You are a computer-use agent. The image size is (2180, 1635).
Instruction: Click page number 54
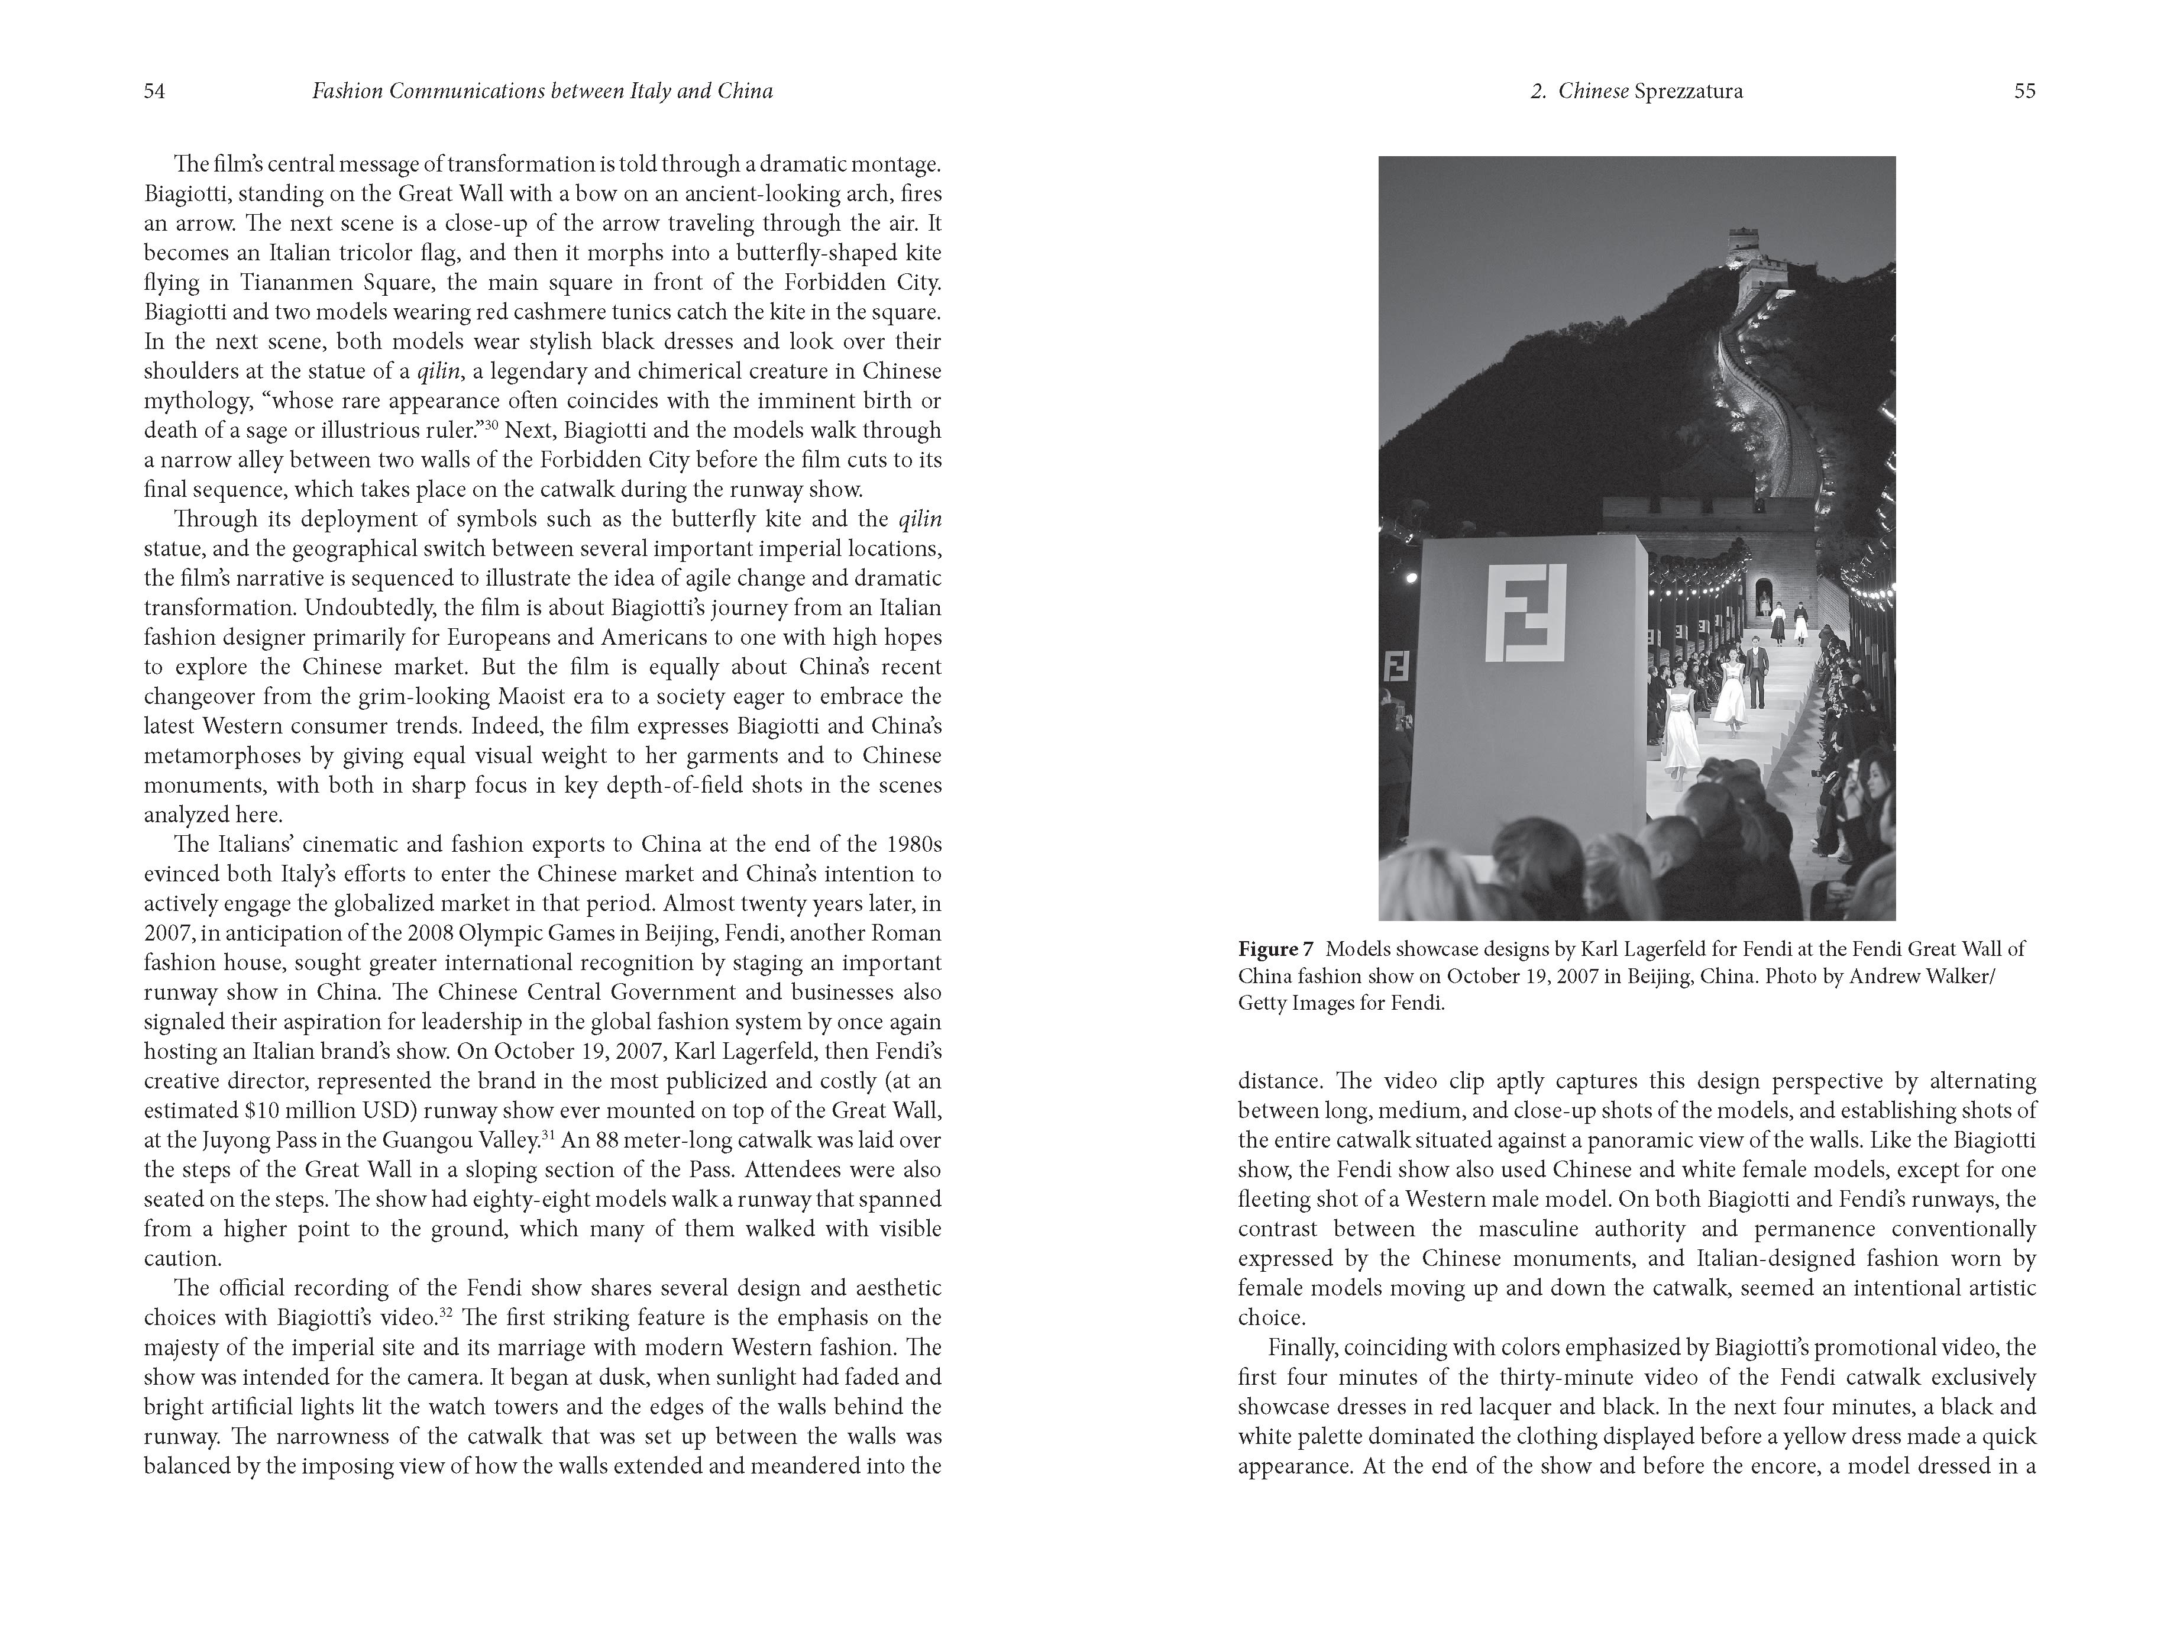pyautogui.click(x=154, y=92)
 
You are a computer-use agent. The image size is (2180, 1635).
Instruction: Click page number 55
pyautogui.click(x=2024, y=92)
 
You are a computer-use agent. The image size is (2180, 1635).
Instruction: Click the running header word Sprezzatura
pyautogui.click(x=1688, y=92)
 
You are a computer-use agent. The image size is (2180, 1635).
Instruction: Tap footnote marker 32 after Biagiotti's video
pyautogui.click(x=445, y=1312)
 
